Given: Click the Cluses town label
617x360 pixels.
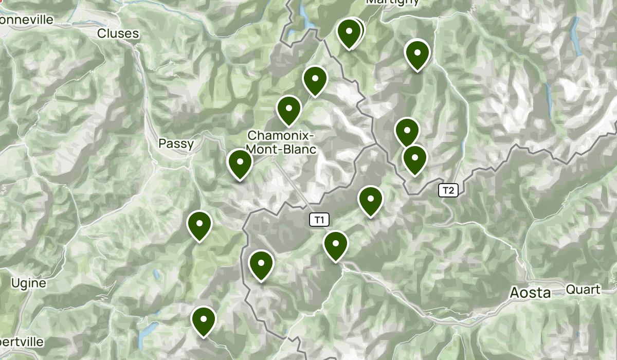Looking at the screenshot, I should point(118,34).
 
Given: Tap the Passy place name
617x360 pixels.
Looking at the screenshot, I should point(176,144).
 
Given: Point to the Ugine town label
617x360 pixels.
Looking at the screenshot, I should point(28,283).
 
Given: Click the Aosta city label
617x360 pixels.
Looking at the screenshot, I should point(530,293).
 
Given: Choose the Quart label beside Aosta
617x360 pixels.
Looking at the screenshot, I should point(583,290).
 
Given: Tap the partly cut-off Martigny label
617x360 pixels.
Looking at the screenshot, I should point(392,2).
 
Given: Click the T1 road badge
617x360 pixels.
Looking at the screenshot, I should point(319,220).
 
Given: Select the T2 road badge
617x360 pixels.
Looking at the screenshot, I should point(448,191).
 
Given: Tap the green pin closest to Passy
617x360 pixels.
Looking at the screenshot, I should point(240,164).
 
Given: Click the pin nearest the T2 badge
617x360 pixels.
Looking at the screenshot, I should point(415,159).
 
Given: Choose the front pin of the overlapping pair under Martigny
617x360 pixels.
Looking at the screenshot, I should point(349,33).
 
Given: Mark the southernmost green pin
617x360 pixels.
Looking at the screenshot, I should point(204,320).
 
